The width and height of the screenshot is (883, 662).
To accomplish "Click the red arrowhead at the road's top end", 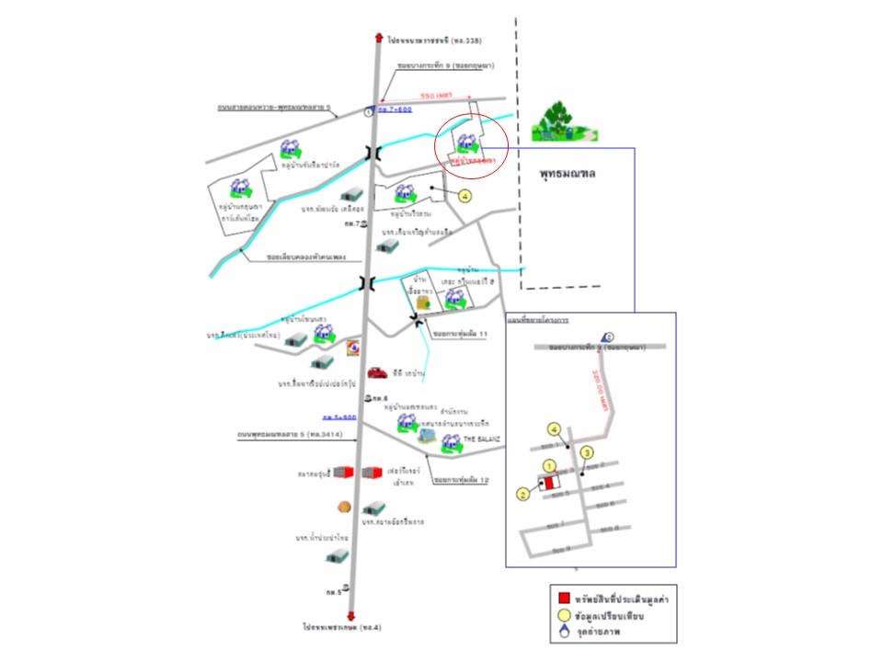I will coord(378,38).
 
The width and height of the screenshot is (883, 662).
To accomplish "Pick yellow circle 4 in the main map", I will coord(464,195).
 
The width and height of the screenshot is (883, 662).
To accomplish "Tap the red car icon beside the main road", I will coord(376,372).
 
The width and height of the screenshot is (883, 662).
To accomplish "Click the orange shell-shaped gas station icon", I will coord(345,505).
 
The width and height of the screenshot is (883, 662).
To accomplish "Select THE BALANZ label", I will coord(481,440).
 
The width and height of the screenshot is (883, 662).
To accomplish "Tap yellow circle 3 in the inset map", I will coord(587,451).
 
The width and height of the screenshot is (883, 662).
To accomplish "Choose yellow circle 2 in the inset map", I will coord(523,495).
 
